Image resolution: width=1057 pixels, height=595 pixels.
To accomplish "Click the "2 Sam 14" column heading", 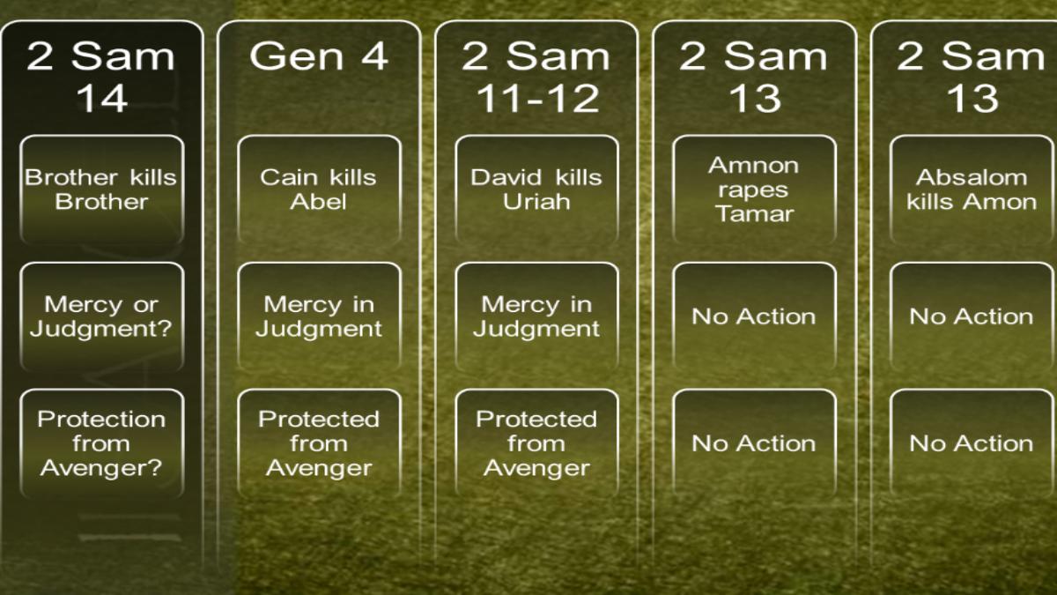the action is tap(101, 77).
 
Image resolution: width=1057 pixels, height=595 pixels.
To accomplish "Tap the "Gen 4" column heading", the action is tap(319, 56).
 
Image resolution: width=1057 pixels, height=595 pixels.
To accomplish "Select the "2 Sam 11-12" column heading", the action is tap(536, 77).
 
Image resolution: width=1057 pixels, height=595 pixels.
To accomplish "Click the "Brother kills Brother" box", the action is tap(102, 190).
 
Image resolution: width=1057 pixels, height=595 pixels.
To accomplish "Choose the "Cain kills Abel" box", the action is tap(320, 190).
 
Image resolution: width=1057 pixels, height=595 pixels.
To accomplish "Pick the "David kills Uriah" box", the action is tap(537, 190).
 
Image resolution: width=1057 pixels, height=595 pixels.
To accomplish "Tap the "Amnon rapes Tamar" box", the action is tap(755, 190).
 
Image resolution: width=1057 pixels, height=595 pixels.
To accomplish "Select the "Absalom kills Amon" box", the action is tap(972, 190).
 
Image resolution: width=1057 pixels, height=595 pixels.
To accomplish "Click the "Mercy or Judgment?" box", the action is tap(102, 316).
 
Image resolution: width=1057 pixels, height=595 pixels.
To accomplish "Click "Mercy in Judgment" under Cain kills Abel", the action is tap(320, 316).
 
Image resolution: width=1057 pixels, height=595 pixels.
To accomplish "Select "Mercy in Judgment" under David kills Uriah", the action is tap(537, 316).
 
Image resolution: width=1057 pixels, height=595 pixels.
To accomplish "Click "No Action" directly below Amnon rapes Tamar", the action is tap(755, 316).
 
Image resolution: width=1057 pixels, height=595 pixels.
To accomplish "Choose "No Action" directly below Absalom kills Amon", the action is tap(972, 316).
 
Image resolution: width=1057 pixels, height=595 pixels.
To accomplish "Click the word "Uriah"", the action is tap(536, 202).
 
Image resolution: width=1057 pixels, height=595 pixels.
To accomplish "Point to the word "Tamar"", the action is tap(755, 214).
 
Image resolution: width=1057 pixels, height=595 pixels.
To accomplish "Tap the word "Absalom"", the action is tap(972, 177).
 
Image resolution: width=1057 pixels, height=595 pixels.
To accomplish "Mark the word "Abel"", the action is tap(319, 202).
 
